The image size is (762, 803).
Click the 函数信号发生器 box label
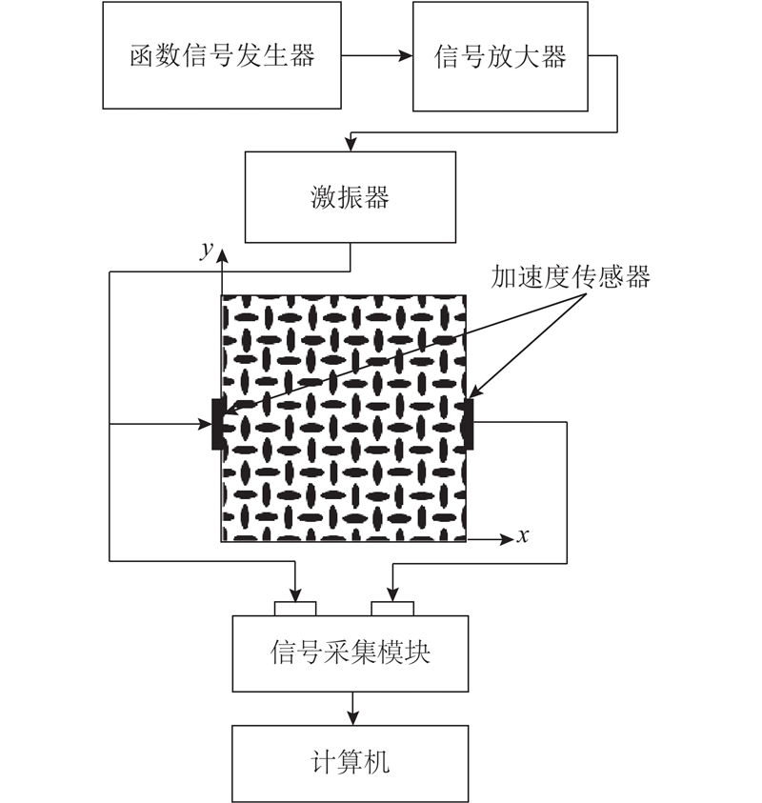222,55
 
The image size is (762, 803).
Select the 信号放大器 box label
500,56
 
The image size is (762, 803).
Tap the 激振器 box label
351,197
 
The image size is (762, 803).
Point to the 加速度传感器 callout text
570,277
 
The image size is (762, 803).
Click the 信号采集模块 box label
351,652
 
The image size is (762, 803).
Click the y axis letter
207,251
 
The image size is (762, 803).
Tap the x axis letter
522,536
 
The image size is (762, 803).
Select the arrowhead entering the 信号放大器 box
406,55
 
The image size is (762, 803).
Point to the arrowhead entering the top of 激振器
351,144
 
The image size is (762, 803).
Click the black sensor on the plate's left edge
217,425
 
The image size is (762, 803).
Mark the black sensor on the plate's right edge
469,425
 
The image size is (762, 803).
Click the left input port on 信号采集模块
295,609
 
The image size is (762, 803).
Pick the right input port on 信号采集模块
392,609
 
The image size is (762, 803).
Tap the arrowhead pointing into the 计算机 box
352,718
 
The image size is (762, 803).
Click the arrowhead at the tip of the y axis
222,256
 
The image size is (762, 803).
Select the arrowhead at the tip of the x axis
507,539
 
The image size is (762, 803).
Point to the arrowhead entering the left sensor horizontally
205,424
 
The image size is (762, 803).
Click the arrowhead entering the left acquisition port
295,594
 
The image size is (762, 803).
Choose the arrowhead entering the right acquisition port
392,594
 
